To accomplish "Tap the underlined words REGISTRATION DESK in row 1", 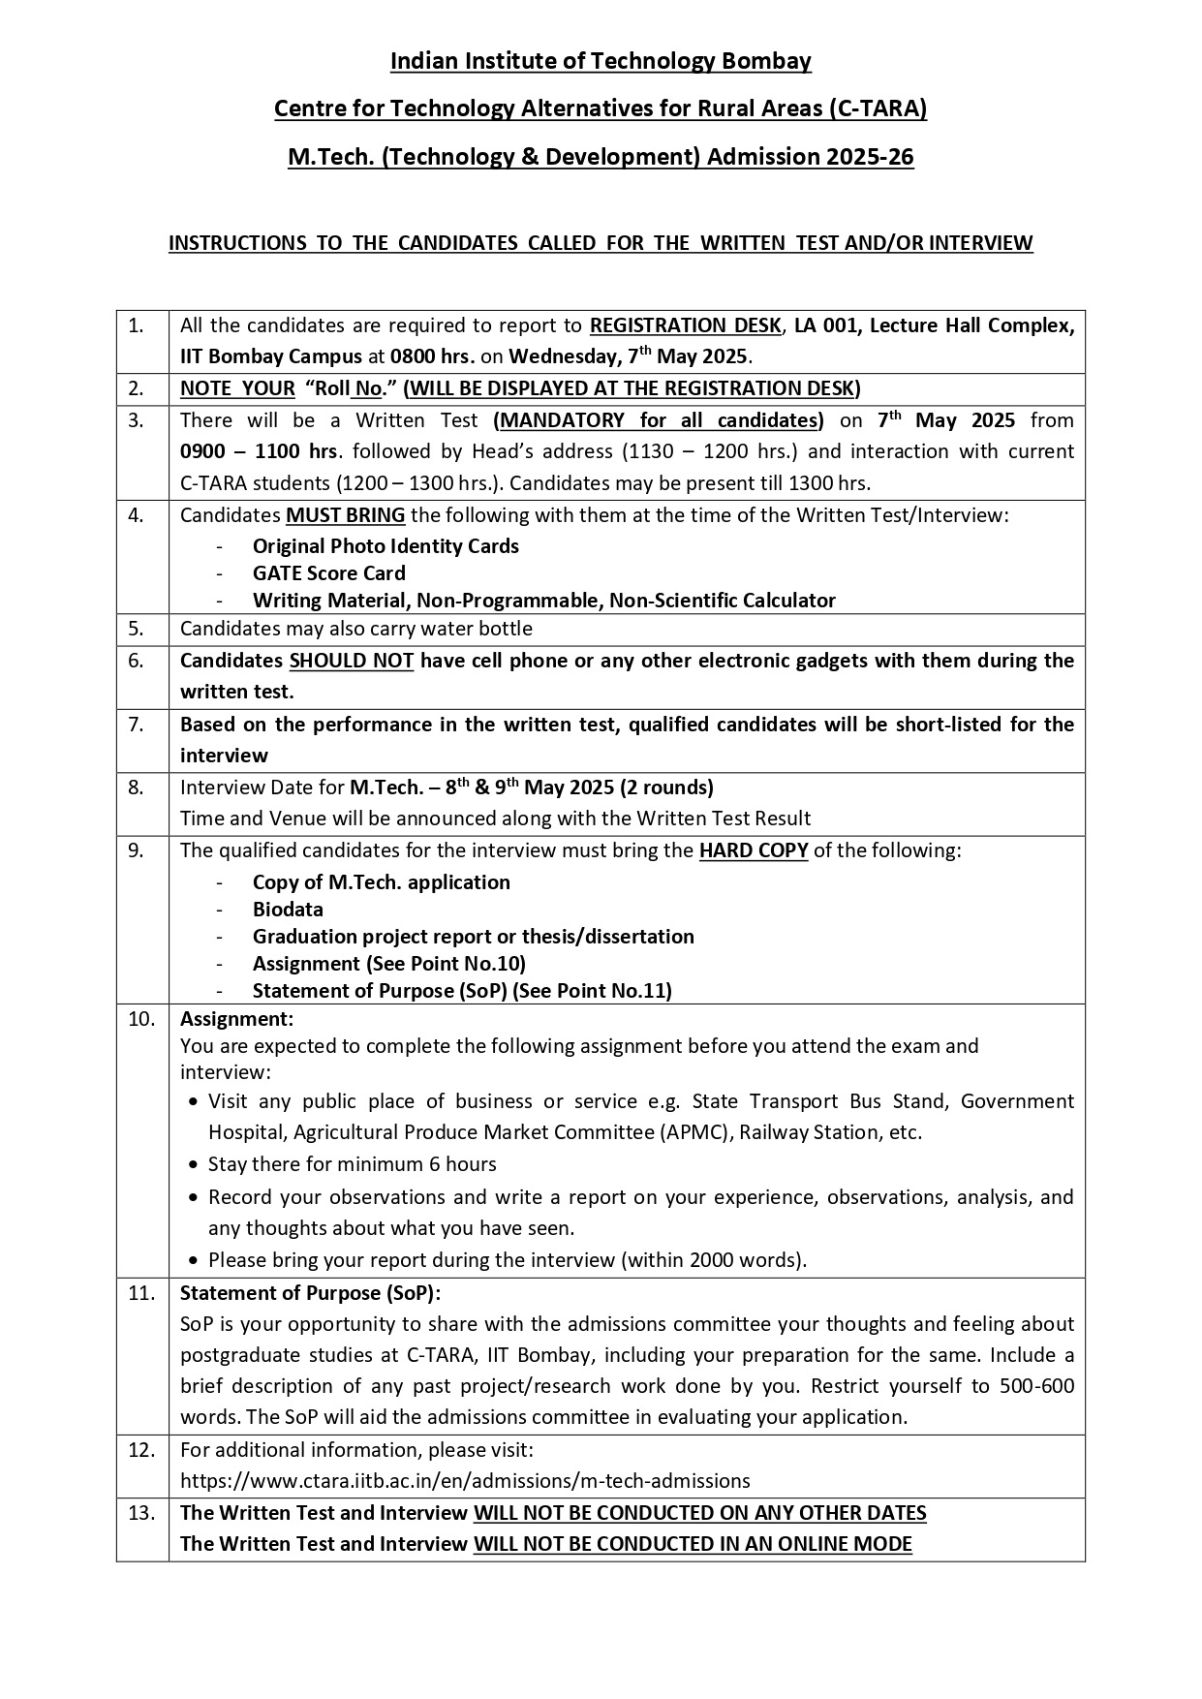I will pyautogui.click(x=685, y=325).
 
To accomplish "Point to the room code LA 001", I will pyautogui.click(x=826, y=325).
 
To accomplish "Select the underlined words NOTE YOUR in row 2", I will pyautogui.click(x=237, y=388).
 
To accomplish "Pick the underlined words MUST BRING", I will pyautogui.click(x=346, y=515).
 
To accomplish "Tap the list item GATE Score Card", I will pyautogui.click(x=328, y=573).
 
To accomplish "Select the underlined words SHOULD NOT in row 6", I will pyautogui.click(x=352, y=661).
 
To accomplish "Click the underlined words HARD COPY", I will pyautogui.click(x=754, y=850).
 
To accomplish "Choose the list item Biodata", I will pyautogui.click(x=288, y=910).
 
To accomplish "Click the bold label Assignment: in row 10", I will pyautogui.click(x=236, y=1019).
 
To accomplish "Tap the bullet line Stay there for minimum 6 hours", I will pyautogui.click(x=352, y=1164).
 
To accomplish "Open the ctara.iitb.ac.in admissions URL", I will pyautogui.click(x=465, y=1480).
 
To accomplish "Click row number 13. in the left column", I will pyautogui.click(x=141, y=1513).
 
